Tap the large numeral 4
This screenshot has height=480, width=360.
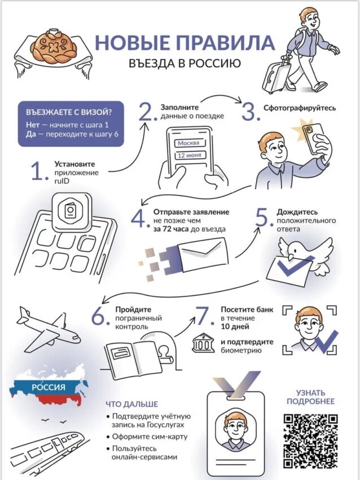click(139, 219)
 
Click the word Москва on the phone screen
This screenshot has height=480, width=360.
click(188, 143)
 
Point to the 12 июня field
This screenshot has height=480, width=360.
click(190, 155)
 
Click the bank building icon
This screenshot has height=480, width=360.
click(203, 342)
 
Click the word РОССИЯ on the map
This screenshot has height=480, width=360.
click(49, 387)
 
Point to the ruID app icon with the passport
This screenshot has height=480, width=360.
click(72, 212)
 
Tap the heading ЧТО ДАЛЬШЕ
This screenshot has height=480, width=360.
click(132, 404)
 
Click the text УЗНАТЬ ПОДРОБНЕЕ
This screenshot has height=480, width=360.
click(310, 397)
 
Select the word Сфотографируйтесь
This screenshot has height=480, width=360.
click(300, 108)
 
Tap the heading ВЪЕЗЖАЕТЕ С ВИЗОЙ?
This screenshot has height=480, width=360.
click(68, 112)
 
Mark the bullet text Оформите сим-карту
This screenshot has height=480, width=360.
click(150, 437)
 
